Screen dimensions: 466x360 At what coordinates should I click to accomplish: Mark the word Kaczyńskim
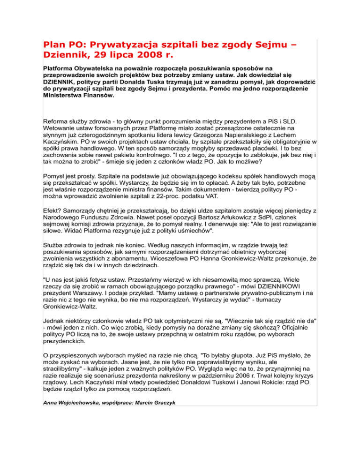point(58,142)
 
